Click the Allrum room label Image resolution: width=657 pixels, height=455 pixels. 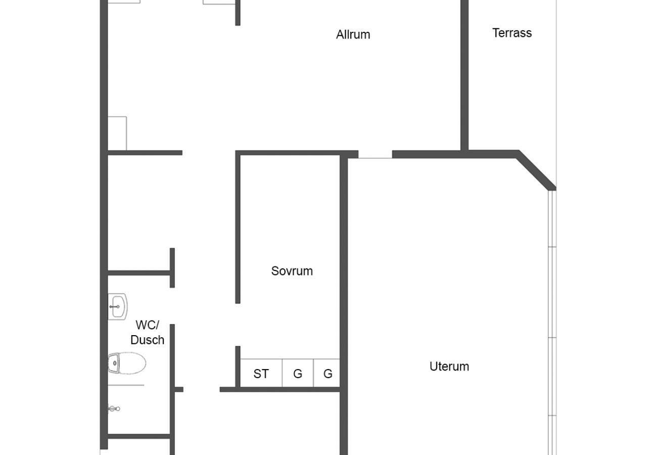353,34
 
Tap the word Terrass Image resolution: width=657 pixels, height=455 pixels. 511,33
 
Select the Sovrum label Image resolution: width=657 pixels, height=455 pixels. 292,271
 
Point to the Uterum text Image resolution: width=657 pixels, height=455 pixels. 449,367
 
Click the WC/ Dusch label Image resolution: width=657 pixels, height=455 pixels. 147,333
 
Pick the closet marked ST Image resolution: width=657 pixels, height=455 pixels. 261,374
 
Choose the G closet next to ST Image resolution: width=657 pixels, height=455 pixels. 298,374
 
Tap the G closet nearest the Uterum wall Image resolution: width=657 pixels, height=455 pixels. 327,374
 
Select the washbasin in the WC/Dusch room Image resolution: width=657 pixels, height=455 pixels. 117,306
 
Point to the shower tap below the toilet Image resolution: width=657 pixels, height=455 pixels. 114,408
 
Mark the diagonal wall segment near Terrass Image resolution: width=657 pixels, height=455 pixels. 536,171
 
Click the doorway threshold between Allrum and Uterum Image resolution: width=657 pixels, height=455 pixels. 375,158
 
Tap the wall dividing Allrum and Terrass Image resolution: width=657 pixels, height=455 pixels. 464,76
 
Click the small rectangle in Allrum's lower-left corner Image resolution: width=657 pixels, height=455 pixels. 117,133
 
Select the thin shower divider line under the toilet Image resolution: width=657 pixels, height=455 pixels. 126,385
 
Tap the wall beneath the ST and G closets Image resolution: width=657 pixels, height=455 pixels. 280,389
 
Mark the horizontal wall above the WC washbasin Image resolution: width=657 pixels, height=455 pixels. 139,274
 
